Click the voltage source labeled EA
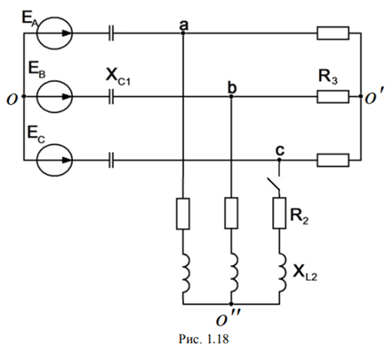54,33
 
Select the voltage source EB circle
54,96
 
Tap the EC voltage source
54,160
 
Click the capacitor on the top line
111,33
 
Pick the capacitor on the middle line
111,96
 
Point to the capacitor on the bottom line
111,160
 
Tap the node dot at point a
183,33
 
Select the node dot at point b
231,96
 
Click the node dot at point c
279,160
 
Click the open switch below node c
274,184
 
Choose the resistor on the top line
333,33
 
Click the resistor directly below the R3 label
333,96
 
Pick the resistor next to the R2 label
279,213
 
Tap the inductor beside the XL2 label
283,273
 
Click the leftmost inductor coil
186,273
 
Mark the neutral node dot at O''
231,304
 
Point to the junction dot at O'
361,96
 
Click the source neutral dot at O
23,96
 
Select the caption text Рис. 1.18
204,339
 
